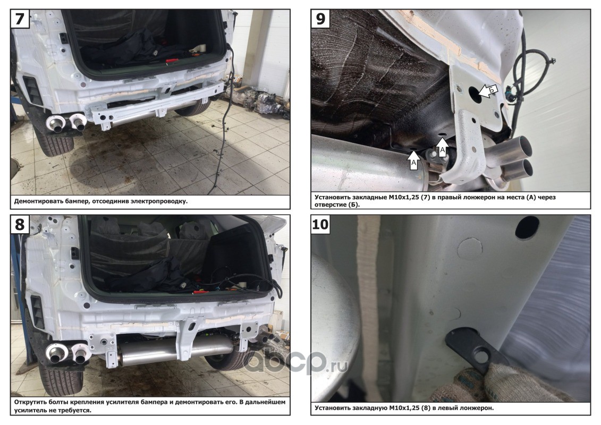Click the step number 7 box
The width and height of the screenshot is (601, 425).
coord(20,19)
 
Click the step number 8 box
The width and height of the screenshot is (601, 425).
coord(20,225)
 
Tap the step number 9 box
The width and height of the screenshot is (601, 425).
coord(320,19)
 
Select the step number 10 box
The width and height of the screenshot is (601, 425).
coord(320,224)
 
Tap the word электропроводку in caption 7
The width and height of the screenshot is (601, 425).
coord(159,201)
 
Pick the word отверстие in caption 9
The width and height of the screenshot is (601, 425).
coord(329,205)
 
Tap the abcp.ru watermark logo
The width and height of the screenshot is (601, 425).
coord(295,362)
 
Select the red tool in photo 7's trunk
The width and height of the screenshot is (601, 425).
coord(171,61)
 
